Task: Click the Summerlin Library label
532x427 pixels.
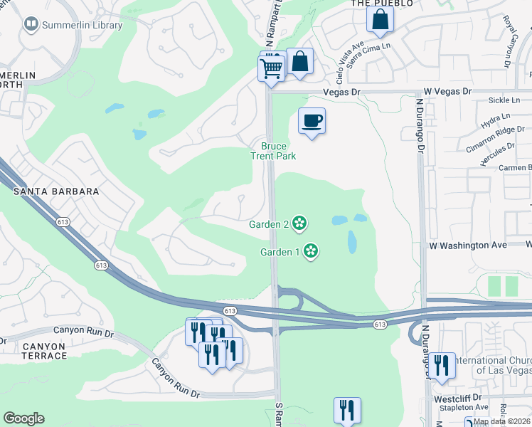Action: point(83,26)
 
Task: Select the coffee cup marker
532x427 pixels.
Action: point(311,121)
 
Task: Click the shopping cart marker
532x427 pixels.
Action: point(271,70)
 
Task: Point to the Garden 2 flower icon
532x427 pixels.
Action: point(300,223)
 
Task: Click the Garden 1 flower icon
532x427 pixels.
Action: point(310,251)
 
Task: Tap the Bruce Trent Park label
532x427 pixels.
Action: point(273,151)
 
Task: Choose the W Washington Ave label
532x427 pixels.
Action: point(467,245)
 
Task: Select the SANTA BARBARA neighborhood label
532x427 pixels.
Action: point(55,192)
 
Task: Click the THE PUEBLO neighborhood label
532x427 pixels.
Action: point(382,4)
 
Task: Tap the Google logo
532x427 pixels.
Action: point(23,418)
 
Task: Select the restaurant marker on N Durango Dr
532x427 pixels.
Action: point(442,367)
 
